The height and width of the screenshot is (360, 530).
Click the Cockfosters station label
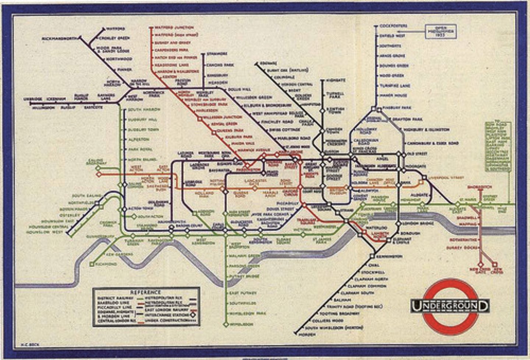pos(393,26)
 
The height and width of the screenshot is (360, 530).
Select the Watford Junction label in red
pos(174,28)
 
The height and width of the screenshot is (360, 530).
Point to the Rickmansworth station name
pos(60,38)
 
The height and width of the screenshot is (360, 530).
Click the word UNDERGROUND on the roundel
pos(450,306)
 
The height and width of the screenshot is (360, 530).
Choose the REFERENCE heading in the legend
pos(146,292)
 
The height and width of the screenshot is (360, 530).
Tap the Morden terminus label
pos(307,335)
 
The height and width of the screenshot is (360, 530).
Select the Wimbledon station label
pos(241,325)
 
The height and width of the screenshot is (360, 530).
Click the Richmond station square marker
pos(92,264)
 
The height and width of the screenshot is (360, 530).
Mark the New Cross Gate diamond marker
pos(480,264)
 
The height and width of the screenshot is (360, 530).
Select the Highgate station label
pos(335,80)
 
